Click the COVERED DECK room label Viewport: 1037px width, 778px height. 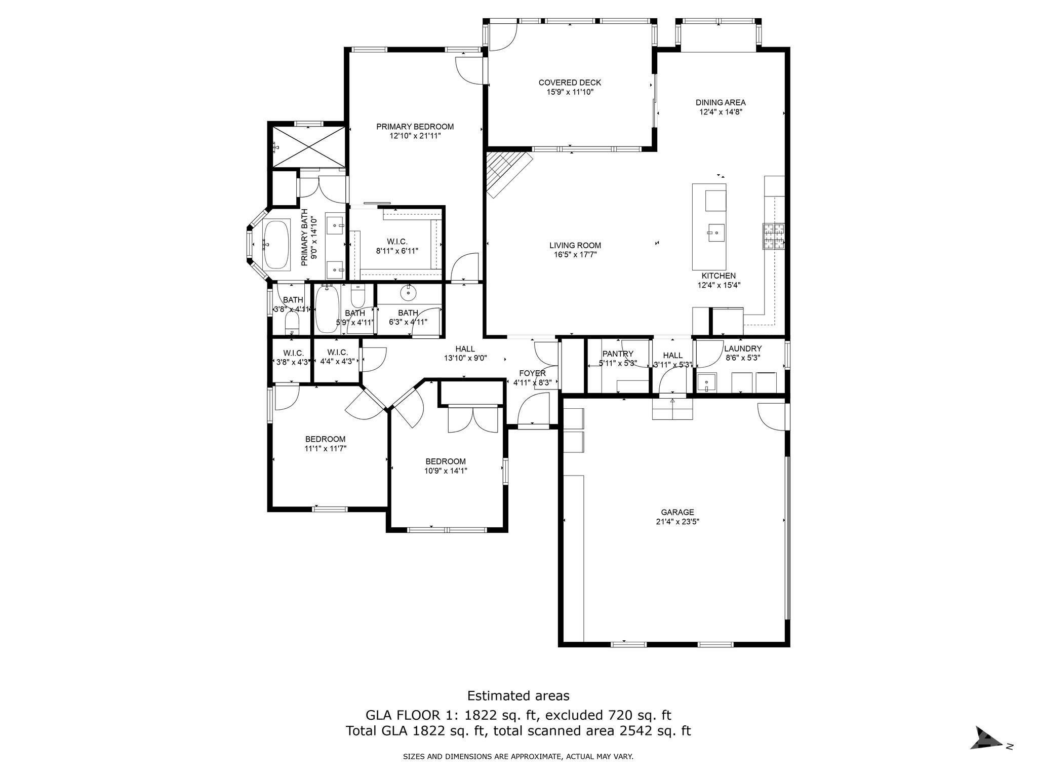570,83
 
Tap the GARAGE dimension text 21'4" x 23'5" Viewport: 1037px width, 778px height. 677,521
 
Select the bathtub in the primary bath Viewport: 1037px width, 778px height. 276,245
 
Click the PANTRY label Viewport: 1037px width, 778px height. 617,354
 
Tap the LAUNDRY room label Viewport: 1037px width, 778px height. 742,348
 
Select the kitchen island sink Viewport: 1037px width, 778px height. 716,233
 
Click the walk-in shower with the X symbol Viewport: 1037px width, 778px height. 308,146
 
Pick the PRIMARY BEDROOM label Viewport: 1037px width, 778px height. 415,127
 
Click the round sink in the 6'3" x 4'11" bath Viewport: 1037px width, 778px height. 408,292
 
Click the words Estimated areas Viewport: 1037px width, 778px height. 518,695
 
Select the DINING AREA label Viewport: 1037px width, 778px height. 720,103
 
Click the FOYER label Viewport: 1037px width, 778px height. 532,373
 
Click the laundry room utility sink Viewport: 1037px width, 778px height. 706,382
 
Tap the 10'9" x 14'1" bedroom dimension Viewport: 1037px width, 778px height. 445,471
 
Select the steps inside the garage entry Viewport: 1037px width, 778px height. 672,409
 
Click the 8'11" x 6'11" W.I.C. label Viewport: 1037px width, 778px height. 396,251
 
